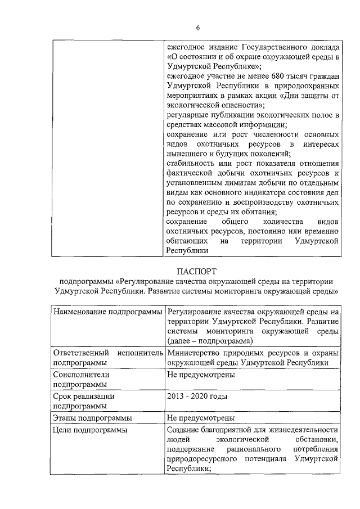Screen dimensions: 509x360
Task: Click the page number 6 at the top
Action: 197,28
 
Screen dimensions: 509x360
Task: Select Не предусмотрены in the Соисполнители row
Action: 200,373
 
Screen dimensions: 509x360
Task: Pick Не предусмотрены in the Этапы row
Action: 200,418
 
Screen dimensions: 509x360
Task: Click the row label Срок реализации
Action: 83,396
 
